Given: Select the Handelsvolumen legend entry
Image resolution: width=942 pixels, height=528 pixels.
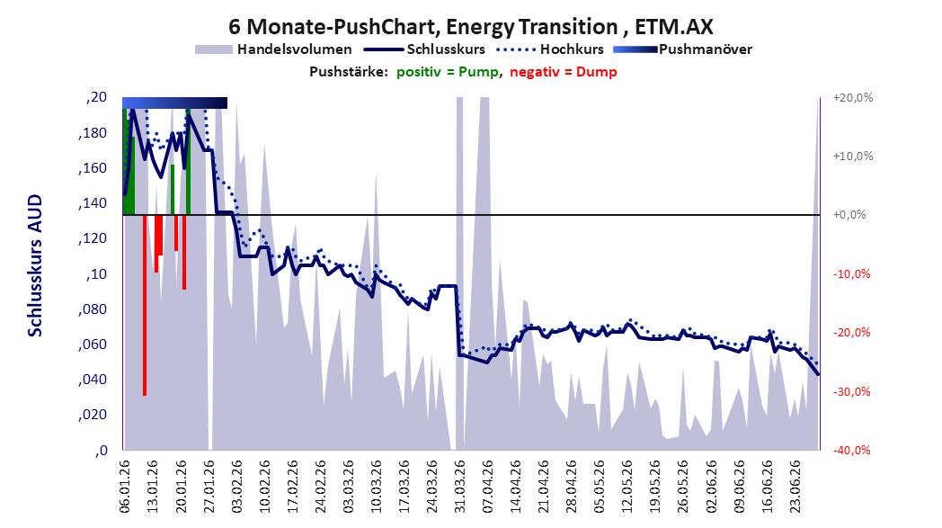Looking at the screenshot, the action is pos(273,49).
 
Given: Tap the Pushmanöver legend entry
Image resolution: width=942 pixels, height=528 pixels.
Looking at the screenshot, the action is pos(682,49).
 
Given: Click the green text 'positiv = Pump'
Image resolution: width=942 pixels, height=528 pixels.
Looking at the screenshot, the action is pos(447,72).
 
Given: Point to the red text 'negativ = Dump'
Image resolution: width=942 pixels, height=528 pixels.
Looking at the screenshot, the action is pos(563,72).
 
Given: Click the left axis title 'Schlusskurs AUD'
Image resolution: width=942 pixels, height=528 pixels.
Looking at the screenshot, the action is pos(35,265).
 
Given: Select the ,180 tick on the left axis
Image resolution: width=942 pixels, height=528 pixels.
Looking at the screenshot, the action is pos(93,133).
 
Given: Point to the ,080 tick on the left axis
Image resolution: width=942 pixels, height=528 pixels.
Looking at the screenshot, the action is pos(93,309).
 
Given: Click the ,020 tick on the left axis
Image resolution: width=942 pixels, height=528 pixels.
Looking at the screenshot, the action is pos(93,415).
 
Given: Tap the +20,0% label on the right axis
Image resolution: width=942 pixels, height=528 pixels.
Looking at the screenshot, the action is pos(852,97).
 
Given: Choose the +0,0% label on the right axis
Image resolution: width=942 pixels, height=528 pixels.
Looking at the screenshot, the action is pos(849,215).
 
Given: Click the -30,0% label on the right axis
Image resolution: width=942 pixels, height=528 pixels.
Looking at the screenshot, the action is pos(851,391).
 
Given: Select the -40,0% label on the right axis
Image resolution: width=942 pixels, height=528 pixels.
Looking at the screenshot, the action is pos(851,451).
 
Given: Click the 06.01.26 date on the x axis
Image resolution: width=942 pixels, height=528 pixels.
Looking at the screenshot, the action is pos(124,487).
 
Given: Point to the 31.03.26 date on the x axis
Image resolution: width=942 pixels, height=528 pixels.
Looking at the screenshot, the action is pos(459,487).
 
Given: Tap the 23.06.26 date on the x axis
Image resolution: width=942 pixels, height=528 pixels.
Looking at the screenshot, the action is pos(795,487).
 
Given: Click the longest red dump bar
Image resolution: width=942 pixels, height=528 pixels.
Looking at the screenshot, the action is pos(145,305).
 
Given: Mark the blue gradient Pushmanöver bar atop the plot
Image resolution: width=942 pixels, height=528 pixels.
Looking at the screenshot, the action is pos(174,103).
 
